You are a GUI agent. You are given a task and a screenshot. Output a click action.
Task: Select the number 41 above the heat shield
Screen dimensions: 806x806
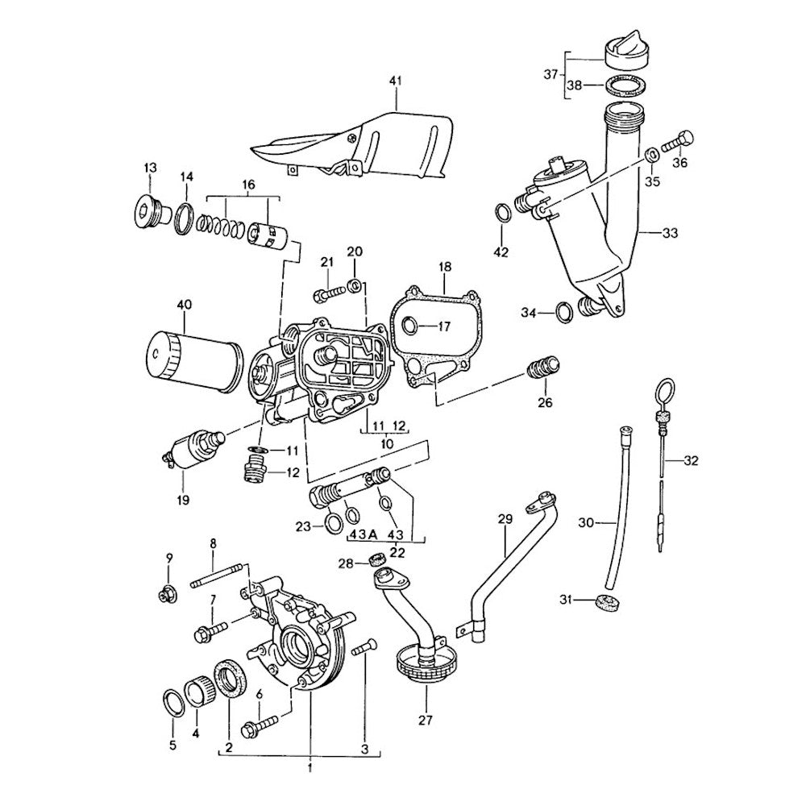tap(395, 81)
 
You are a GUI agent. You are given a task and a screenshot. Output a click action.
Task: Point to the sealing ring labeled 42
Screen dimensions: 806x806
tap(501, 213)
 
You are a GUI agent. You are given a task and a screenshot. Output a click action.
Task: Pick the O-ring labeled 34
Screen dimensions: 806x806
tap(564, 310)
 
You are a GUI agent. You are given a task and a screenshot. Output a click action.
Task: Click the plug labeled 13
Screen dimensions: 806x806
tap(146, 210)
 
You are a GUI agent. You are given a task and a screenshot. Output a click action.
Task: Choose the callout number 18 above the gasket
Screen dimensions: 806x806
tap(445, 267)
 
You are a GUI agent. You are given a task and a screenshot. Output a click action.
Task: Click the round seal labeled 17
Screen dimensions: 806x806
tap(409, 326)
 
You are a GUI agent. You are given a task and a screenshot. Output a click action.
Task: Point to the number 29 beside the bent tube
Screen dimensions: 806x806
tap(505, 521)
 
